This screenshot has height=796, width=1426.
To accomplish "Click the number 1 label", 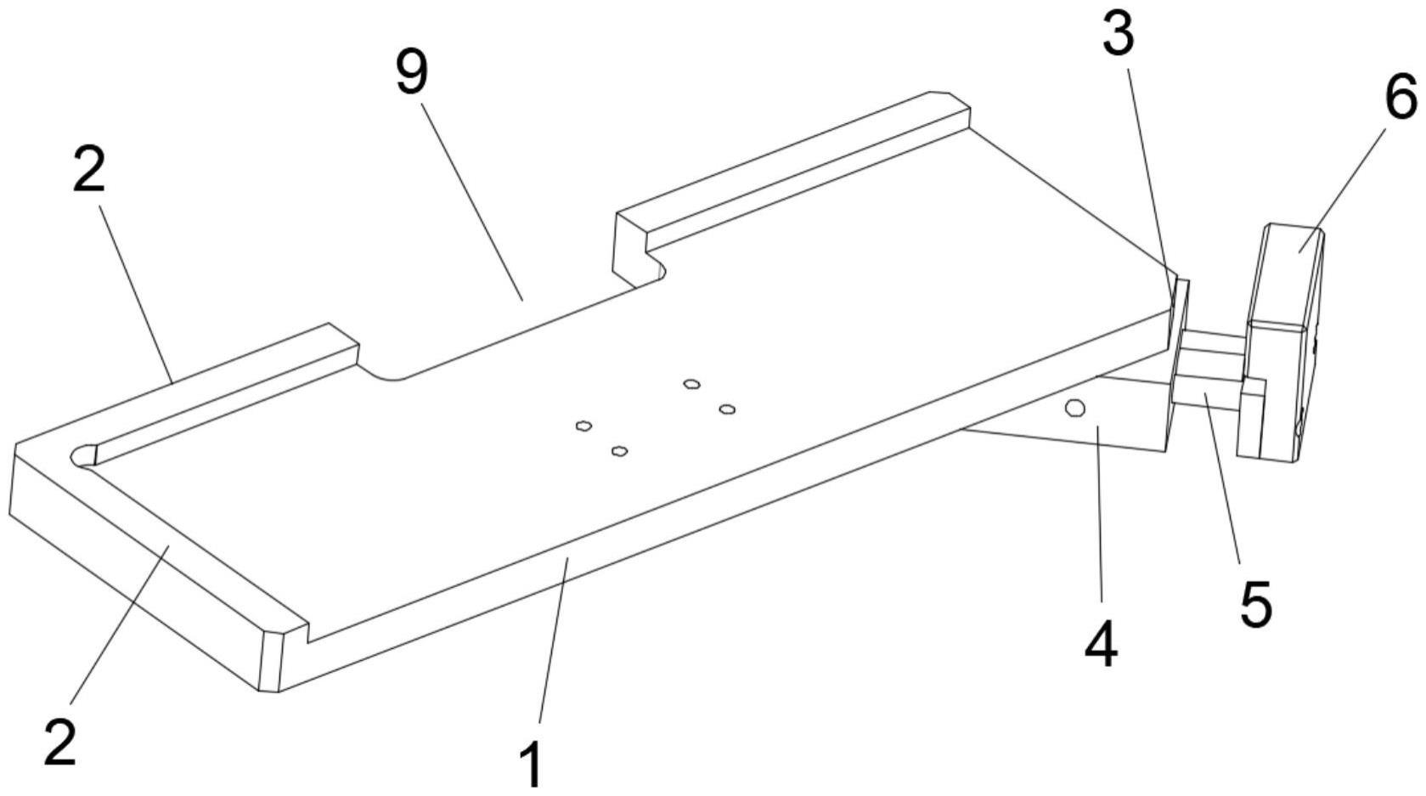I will pyautogui.click(x=531, y=765).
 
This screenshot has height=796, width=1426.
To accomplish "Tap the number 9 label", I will pyautogui.click(x=412, y=75).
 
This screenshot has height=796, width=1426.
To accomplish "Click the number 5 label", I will pyautogui.click(x=1256, y=604).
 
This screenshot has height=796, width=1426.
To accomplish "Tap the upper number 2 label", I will pyautogui.click(x=88, y=171).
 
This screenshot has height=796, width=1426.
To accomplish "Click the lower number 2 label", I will pyautogui.click(x=60, y=742).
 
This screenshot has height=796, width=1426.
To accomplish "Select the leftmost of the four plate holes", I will pyautogui.click(x=583, y=425).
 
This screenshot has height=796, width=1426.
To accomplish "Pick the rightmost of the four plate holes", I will pyautogui.click(x=727, y=409).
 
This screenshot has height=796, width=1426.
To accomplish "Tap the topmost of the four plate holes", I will pyautogui.click(x=692, y=384).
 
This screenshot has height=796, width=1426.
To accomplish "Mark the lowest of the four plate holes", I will pyautogui.click(x=620, y=450).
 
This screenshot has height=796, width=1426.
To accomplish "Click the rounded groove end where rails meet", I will pyautogui.click(x=85, y=454).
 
